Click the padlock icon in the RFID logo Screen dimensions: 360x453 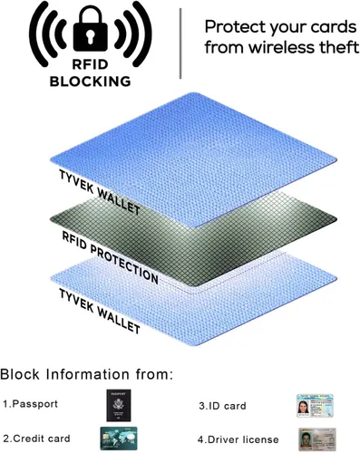(90, 29)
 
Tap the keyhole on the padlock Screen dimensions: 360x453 (90, 37)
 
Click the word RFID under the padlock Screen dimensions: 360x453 (90, 64)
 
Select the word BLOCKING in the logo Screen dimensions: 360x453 (90, 82)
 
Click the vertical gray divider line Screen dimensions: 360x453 (180, 43)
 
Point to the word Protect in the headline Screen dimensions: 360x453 (235, 27)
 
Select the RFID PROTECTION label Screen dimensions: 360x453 (111, 257)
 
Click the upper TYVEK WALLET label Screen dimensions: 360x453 (100, 192)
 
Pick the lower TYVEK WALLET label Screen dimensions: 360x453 (100, 311)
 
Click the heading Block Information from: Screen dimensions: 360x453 (87, 374)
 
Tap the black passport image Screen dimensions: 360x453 (119, 405)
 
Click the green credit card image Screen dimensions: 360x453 (119, 439)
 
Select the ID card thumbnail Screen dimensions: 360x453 (315, 406)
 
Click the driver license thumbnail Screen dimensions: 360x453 (317, 439)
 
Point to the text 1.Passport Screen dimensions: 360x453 (30, 404)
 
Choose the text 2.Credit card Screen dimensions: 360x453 (36, 439)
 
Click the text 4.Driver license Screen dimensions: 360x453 (238, 439)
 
